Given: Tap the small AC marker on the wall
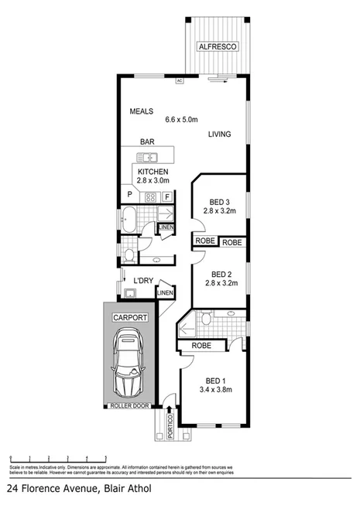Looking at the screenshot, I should click(x=179, y=80).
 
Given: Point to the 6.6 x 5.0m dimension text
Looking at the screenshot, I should click(x=182, y=120).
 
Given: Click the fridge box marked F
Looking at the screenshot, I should click(x=166, y=196).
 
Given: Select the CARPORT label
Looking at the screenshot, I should click(x=129, y=317).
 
